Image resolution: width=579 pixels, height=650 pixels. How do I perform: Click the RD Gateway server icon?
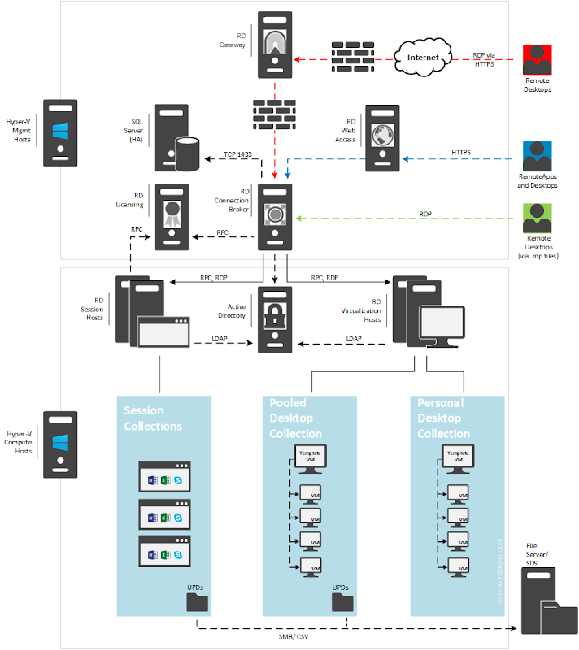pos(275,45)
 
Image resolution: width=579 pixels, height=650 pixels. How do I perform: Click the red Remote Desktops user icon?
pos(537,62)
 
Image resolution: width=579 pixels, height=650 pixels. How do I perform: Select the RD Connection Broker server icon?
pos(275,216)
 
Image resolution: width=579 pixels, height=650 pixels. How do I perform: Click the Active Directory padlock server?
pos(275,318)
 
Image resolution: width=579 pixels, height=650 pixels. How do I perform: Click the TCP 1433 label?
pos(237,153)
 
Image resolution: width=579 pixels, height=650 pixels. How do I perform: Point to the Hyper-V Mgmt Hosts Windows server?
pos(60,132)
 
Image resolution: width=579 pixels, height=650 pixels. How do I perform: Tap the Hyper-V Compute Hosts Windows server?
pos(60,443)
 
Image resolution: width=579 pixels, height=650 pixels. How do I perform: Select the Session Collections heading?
pos(155,418)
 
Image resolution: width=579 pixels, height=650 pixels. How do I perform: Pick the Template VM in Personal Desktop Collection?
pos(458,457)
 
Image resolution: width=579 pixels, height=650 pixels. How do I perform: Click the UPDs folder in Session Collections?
pos(198,601)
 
